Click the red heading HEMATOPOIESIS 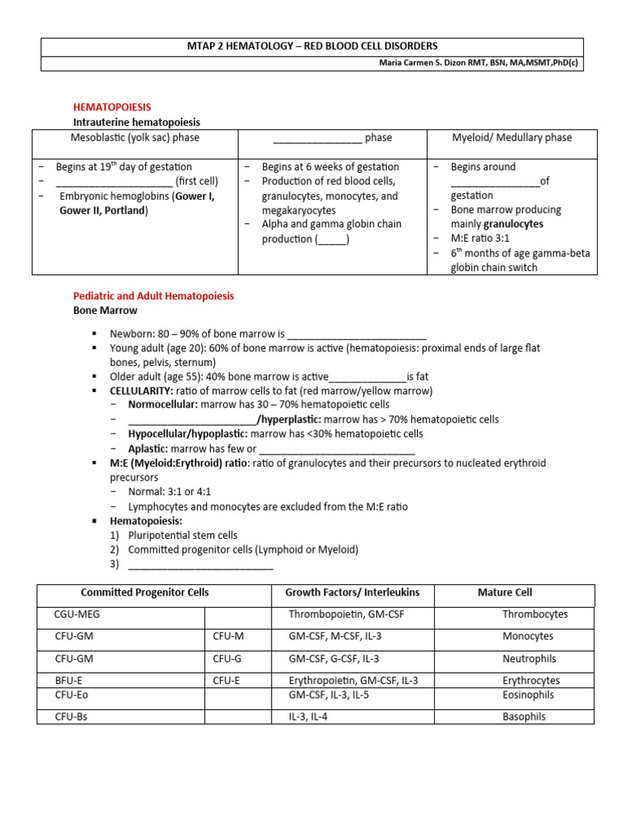coord(112,107)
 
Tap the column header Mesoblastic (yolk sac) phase coord(135,138)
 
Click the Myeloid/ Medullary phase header coord(512,138)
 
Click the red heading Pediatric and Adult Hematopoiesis coord(153,296)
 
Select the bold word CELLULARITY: coord(142,390)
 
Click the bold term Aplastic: coord(148,449)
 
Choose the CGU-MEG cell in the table coord(77,615)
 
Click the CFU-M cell coord(228,637)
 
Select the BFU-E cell coord(69,680)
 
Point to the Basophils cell coord(524,717)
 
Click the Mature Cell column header coord(505,592)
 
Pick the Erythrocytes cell coord(531,680)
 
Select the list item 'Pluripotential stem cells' coord(183,535)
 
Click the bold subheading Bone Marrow coord(105,310)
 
